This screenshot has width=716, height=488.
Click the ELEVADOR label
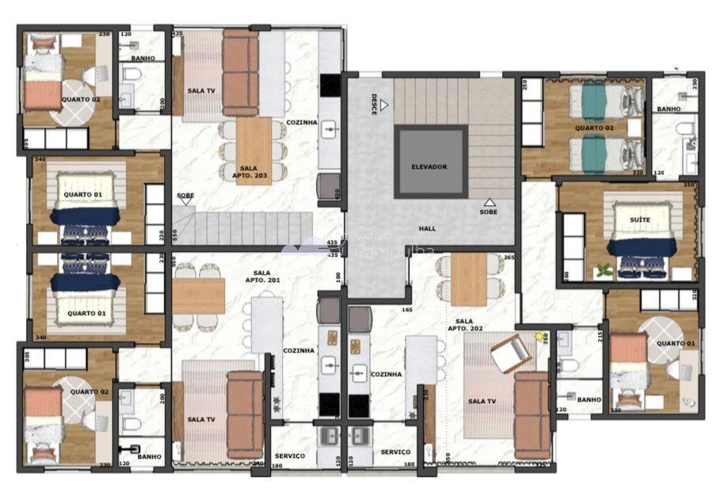pyautogui.click(x=429, y=166)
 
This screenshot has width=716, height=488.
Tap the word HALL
pyautogui.click(x=428, y=228)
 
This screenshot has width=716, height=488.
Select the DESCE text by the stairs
pyautogui.click(x=374, y=104)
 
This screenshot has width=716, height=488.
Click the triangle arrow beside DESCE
pyautogui.click(x=383, y=104)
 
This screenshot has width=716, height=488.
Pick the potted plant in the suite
pyautogui.click(x=604, y=270)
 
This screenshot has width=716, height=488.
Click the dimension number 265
pyautogui.click(x=509, y=257)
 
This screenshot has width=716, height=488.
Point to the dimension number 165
pyautogui.click(x=408, y=310)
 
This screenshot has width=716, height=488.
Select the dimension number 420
pyautogui.click(x=337, y=193)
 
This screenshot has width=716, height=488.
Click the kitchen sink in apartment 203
pyautogui.click(x=329, y=127)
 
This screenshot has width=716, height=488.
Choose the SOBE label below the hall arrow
pyautogui.click(x=489, y=212)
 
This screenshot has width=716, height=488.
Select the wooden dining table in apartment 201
pyautogui.click(x=198, y=295)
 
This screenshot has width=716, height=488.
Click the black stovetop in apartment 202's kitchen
pyautogui.click(x=358, y=405)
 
